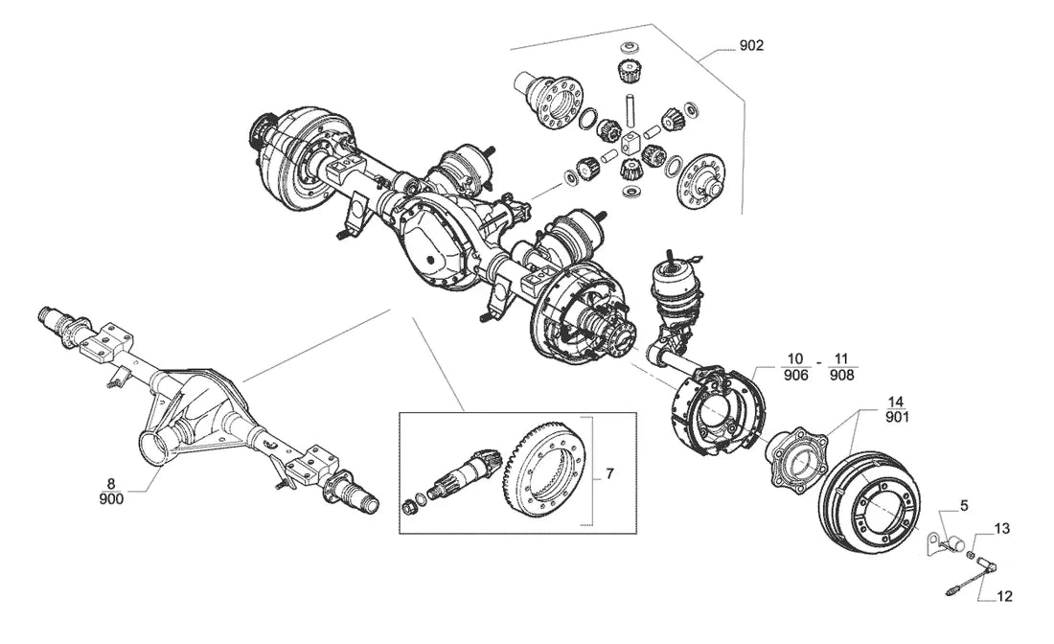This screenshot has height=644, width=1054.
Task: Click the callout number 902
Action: coord(751,46)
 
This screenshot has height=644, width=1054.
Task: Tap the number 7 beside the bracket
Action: coord(609,473)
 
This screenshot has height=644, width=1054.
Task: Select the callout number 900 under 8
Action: coord(111,498)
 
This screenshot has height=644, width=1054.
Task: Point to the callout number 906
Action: coord(796,375)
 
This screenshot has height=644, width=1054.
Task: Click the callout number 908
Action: coord(841,375)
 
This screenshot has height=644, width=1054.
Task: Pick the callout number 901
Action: coord(898,418)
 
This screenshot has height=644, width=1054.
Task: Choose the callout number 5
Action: coord(964,505)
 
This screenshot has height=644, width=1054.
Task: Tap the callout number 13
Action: coord(1001,529)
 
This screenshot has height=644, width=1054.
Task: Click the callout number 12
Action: coord(1004,596)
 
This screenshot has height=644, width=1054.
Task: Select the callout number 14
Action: coord(895,402)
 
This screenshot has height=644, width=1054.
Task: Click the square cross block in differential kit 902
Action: coord(630,141)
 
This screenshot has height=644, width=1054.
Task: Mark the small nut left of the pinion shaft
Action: coord(408,504)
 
